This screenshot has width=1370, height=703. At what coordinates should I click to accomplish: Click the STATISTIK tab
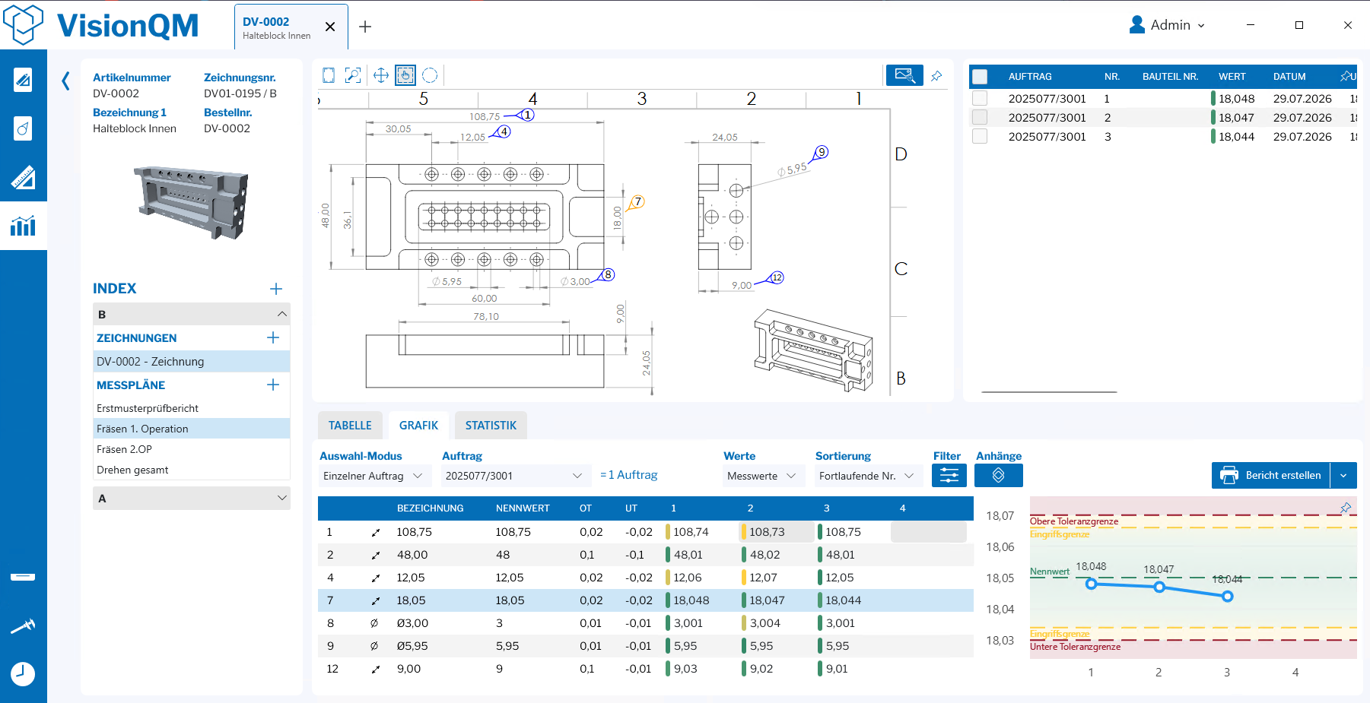click(491, 426)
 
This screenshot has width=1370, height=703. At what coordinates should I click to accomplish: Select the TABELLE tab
click(350, 426)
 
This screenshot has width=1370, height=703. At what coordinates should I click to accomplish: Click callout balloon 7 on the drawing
click(638, 201)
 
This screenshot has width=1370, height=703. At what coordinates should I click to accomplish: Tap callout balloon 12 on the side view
click(777, 277)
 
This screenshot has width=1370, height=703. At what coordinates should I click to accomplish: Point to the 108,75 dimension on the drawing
click(485, 116)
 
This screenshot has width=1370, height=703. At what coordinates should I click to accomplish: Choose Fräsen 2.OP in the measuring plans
click(124, 449)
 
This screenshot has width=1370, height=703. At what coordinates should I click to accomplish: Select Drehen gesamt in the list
click(132, 470)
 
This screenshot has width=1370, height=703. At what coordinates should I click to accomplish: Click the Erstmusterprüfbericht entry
click(148, 408)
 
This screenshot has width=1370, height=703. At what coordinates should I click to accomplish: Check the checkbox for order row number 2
click(980, 118)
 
